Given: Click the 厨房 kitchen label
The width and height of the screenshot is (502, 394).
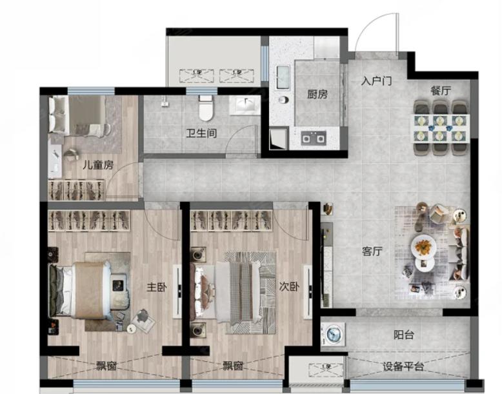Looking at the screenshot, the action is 317,94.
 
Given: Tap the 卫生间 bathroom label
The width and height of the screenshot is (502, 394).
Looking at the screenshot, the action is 202,133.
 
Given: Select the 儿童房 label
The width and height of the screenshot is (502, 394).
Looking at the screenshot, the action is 98,165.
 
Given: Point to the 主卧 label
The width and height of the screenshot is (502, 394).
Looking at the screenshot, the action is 157,287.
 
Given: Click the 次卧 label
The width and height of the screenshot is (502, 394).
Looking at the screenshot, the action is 289,286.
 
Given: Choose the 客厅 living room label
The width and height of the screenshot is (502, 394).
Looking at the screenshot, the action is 372,251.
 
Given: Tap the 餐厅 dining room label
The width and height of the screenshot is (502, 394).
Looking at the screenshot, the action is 441,90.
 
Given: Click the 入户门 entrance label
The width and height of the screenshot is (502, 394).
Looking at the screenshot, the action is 377,81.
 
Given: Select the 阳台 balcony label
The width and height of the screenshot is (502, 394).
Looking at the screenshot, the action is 404,335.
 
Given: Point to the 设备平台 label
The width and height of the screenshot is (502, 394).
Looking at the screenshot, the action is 404,366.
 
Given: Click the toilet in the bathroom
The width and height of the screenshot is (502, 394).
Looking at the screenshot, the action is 206,108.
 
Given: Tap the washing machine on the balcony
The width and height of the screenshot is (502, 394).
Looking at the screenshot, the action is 334,334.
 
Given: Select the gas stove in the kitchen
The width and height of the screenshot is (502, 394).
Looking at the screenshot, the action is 314,138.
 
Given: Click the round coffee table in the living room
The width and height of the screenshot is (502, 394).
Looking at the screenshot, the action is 424,247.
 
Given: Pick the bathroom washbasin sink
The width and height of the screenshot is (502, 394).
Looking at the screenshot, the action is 246,104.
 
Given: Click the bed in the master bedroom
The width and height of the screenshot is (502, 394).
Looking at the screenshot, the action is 89,290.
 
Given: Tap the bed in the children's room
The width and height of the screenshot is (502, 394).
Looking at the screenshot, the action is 79,115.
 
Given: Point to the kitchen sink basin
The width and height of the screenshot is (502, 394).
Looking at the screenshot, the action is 283,77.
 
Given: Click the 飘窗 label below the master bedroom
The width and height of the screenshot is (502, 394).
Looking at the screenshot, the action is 106,366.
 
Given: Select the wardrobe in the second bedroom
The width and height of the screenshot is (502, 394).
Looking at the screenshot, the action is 232,220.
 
